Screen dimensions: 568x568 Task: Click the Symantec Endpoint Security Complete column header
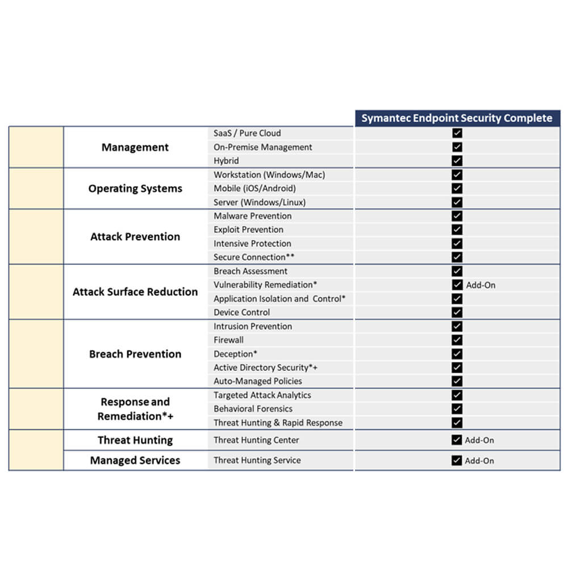coord(457,118)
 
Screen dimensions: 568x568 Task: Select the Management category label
coord(135,147)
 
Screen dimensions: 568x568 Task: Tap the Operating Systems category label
coord(135,189)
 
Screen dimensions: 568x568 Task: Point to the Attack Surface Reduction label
coord(135,292)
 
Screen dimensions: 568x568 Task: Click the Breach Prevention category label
coord(135,354)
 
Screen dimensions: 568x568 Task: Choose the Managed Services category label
coord(135,461)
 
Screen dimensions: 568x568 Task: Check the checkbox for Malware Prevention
coord(457,216)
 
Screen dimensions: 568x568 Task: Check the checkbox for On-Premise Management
coord(457,147)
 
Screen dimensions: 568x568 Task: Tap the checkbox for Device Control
coord(457,312)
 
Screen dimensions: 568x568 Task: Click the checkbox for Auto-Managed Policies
coord(457,381)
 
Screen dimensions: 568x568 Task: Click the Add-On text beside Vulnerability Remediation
coord(481,285)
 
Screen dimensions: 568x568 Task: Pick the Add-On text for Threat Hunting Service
coord(479,461)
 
